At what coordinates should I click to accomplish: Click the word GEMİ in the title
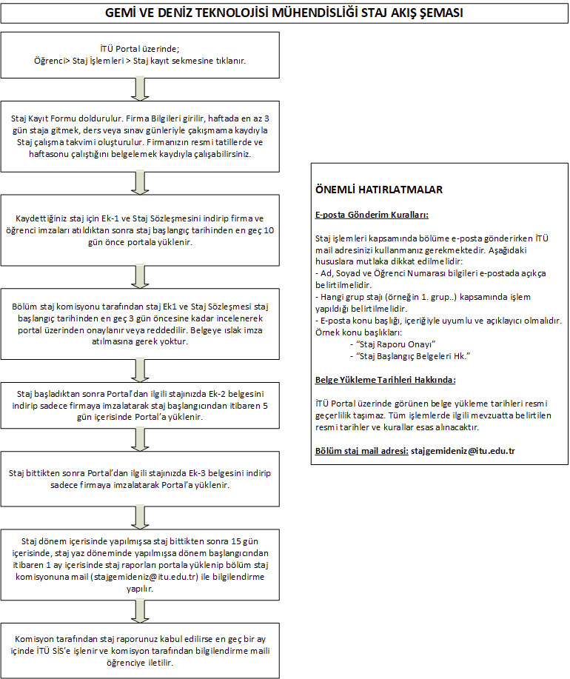coord(121,14)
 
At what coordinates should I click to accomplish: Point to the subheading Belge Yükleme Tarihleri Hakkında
coord(385,380)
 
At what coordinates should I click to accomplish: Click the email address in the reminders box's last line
coord(463,451)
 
